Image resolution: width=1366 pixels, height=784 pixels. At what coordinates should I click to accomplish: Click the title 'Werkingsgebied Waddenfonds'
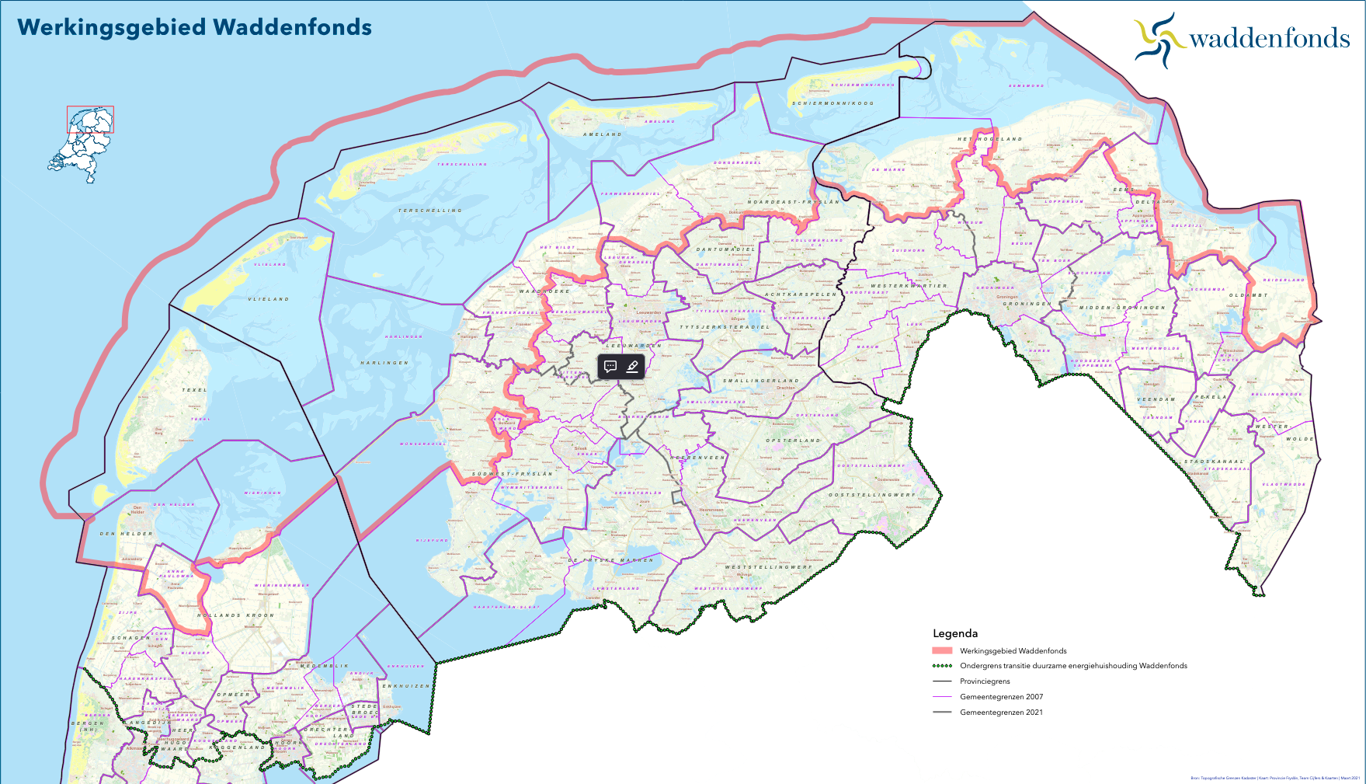tap(194, 27)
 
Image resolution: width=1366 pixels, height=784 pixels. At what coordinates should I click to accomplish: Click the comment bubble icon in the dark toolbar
tap(610, 367)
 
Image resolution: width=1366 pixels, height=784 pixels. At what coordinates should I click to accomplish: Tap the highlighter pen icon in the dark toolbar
tap(632, 367)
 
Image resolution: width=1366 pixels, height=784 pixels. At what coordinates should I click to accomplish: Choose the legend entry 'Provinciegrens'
tap(985, 681)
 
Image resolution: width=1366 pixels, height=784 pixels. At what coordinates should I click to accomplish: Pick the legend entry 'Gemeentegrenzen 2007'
tap(1001, 697)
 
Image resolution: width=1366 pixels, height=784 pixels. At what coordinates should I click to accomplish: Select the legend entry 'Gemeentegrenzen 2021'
tap(1001, 713)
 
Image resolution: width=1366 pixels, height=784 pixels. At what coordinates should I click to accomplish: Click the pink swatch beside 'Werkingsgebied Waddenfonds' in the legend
tap(942, 651)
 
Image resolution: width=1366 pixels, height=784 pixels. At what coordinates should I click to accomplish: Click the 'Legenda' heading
tap(955, 633)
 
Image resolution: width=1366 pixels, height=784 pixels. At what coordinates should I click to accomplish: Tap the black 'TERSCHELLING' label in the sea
tap(430, 211)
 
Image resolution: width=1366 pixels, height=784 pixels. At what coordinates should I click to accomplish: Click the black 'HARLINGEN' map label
tap(384, 363)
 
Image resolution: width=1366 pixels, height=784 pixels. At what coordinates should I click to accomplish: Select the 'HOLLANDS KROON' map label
tap(235, 615)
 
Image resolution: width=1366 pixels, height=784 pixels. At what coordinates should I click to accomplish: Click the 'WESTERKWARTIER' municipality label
tap(909, 286)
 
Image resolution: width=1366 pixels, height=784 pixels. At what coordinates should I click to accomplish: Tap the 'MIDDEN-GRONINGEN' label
tap(1122, 308)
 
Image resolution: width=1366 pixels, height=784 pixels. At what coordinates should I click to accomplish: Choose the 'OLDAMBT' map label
tap(1248, 295)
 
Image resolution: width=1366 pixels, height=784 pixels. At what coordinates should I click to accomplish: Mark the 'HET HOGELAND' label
tap(989, 139)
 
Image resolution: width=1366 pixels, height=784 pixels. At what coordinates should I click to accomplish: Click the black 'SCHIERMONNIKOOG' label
tap(832, 103)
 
